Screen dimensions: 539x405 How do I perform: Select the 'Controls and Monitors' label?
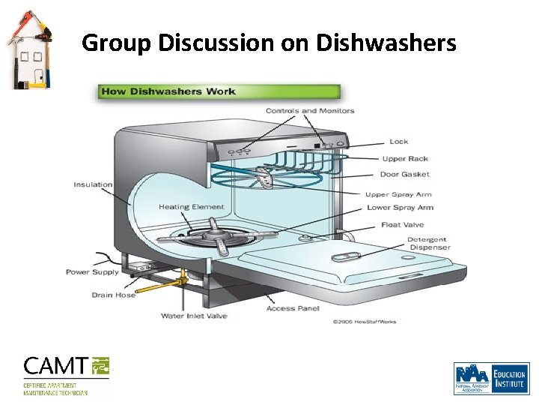coord(310,111)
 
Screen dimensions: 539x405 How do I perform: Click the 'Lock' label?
coord(399,141)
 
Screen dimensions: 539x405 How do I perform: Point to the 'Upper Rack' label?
coord(405,158)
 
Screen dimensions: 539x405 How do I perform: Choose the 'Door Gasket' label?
coord(405,175)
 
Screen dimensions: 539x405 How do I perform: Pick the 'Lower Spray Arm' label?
coord(400,208)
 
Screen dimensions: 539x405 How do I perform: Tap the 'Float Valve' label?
coord(402,224)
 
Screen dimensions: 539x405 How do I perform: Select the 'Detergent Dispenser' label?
coord(428,244)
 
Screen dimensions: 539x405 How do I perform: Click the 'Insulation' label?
coord(93,184)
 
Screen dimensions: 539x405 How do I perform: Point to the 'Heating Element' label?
coord(191,207)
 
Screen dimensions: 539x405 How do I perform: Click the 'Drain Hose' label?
coord(114,295)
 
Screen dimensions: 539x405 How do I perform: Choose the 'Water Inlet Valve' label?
coord(194,316)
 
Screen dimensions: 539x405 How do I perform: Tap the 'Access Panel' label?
coord(293,308)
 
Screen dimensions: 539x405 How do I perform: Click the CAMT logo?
coord(67,375)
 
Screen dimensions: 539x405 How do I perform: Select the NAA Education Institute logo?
coord(491,378)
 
